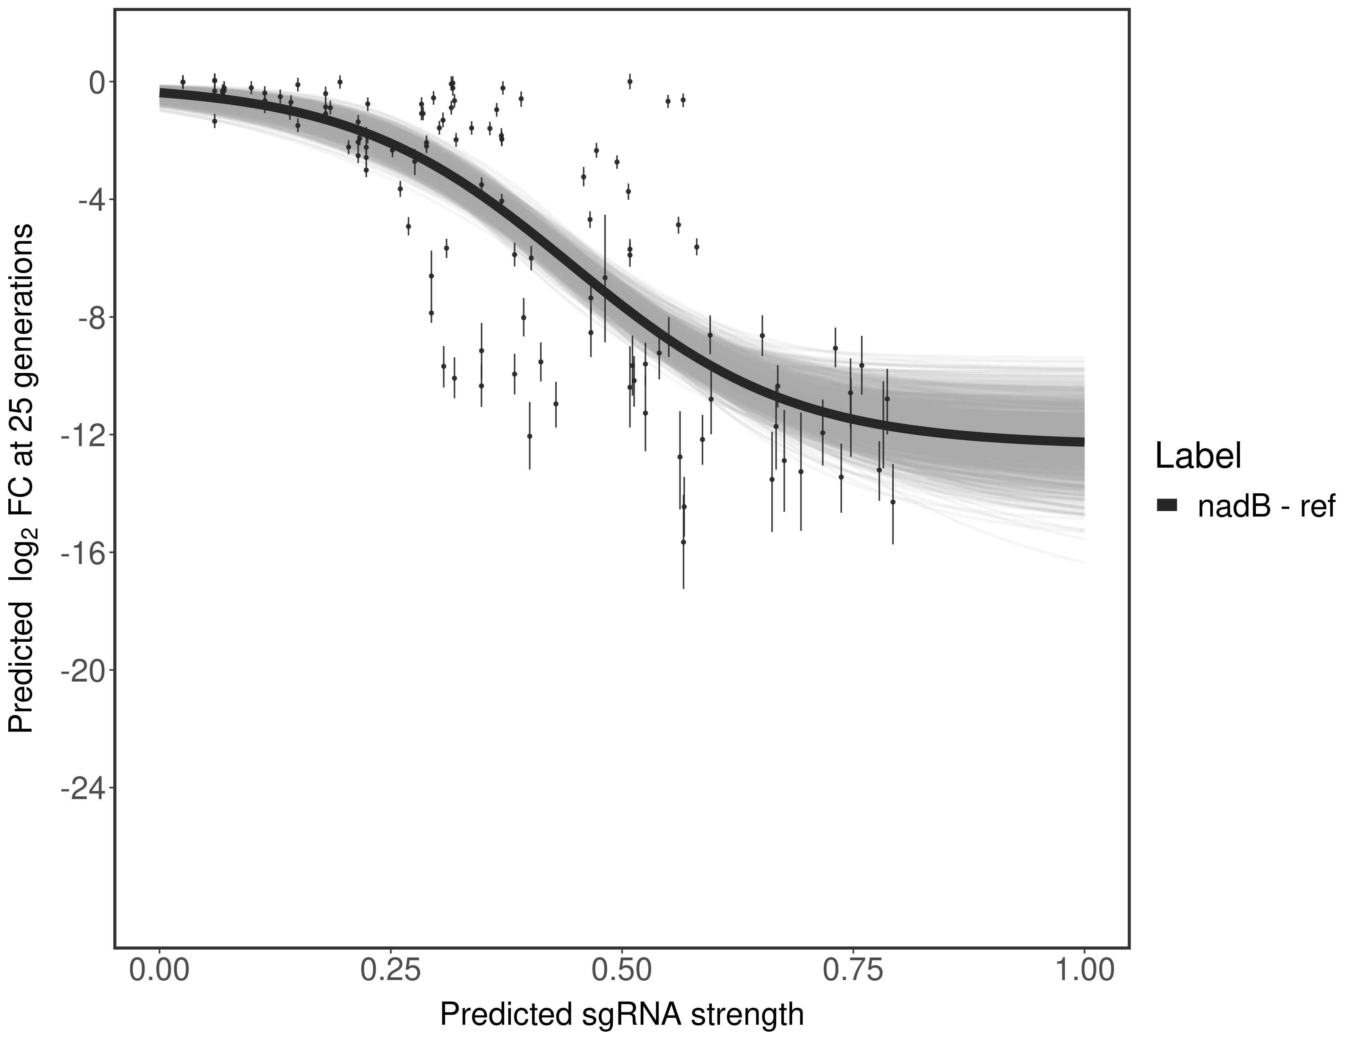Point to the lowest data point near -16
[x=683, y=541]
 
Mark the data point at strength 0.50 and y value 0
[x=630, y=81]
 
